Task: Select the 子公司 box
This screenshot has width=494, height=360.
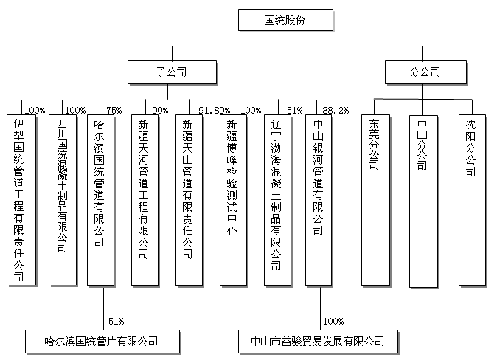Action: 170,72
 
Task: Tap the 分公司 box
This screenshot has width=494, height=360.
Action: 424,72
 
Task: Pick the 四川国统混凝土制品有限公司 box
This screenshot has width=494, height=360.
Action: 62,199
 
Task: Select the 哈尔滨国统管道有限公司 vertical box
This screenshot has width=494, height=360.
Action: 101,199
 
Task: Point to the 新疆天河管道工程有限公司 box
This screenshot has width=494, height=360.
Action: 144,199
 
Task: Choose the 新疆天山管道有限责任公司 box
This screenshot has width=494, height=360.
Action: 188,199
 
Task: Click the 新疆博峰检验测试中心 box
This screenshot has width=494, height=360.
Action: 232,199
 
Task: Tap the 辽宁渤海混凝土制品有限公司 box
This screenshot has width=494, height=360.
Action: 276,199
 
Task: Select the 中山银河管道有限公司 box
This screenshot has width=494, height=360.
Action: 319,199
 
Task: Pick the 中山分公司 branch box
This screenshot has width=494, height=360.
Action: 422,199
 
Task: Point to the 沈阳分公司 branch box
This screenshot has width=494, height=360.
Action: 470,199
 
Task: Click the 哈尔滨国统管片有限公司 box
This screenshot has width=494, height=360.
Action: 102,341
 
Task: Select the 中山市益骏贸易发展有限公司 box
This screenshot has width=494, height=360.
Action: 318,341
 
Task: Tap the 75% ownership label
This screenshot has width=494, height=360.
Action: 114,111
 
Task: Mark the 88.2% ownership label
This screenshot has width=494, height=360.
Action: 335,111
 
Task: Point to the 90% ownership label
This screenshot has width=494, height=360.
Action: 159,111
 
